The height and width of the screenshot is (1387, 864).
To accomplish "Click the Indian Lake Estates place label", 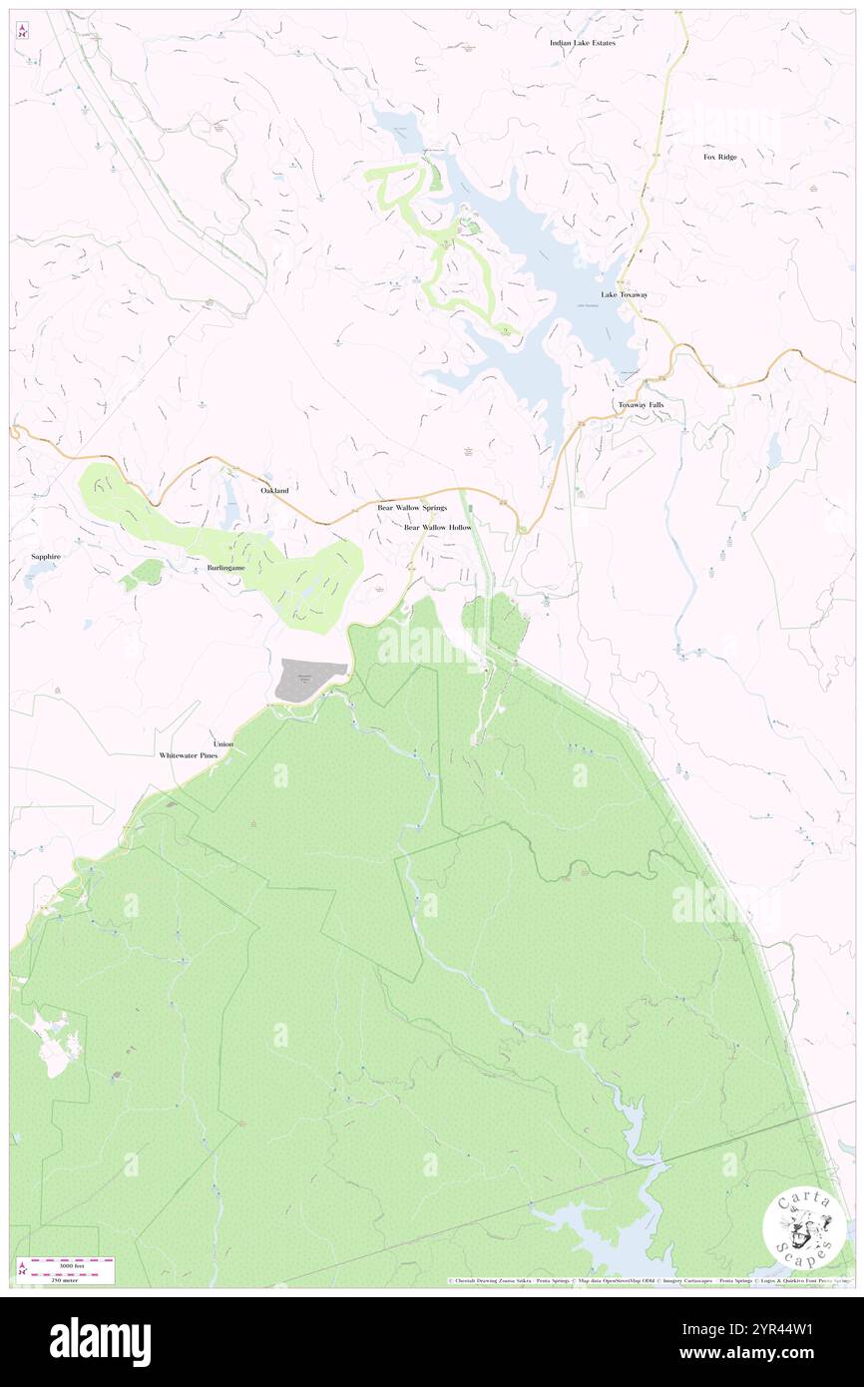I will [583, 43].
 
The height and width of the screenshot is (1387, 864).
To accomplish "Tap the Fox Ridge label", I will [720, 157].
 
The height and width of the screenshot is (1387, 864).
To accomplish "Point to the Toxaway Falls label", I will [641, 404].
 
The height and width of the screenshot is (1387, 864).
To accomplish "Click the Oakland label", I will [274, 491].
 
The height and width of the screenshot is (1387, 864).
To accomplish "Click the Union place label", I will [222, 744].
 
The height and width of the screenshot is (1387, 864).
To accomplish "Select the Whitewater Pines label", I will [189, 756].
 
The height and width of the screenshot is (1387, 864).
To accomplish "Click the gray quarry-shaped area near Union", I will [310, 680].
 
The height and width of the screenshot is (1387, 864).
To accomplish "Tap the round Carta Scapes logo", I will [804, 1226].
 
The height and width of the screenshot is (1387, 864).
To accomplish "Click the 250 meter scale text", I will [62, 1280].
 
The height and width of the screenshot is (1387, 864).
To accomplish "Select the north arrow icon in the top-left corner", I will [21, 31].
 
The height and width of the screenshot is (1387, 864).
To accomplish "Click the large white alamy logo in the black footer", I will [100, 1341].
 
